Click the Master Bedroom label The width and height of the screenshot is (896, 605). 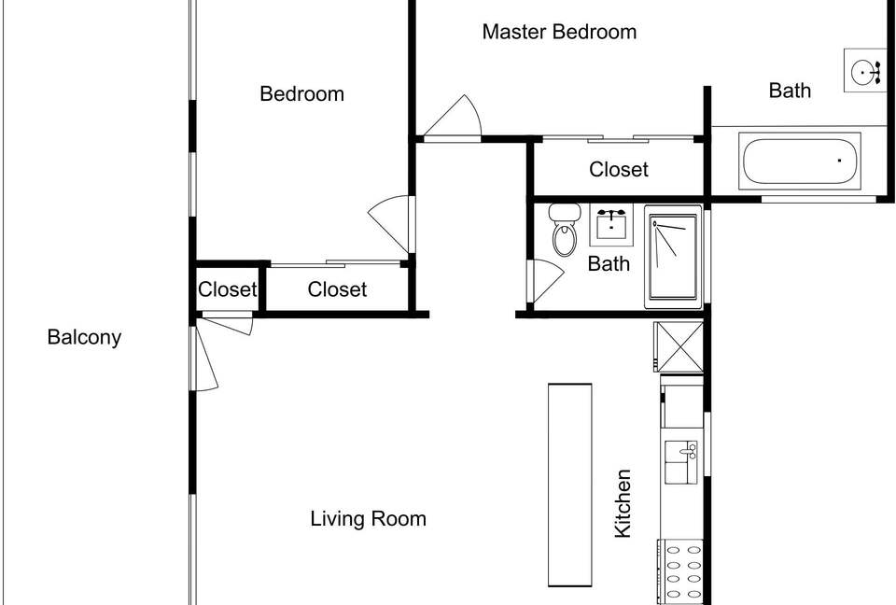[x=559, y=32]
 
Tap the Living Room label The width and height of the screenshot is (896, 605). [x=368, y=519]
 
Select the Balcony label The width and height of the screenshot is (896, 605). [x=84, y=337]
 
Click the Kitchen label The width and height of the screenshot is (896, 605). [x=623, y=504]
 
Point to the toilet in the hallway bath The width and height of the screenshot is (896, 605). [x=565, y=230]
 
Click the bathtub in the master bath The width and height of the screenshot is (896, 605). [x=800, y=161]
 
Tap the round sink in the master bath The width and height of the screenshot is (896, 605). [x=864, y=71]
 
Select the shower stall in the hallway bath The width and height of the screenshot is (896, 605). [x=673, y=257]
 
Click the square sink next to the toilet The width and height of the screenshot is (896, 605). [x=610, y=224]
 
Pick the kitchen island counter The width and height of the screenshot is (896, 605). [x=569, y=485]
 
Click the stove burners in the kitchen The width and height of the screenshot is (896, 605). [x=679, y=571]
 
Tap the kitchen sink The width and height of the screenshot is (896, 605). [x=680, y=462]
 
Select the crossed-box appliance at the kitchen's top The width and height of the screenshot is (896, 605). [x=679, y=346]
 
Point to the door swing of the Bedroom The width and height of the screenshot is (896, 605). [x=390, y=223]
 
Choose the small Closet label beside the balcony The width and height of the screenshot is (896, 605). [x=228, y=289]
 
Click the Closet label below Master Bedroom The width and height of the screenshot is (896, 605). [x=619, y=169]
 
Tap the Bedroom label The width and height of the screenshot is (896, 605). [x=301, y=93]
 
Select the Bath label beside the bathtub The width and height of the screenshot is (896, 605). [x=790, y=91]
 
